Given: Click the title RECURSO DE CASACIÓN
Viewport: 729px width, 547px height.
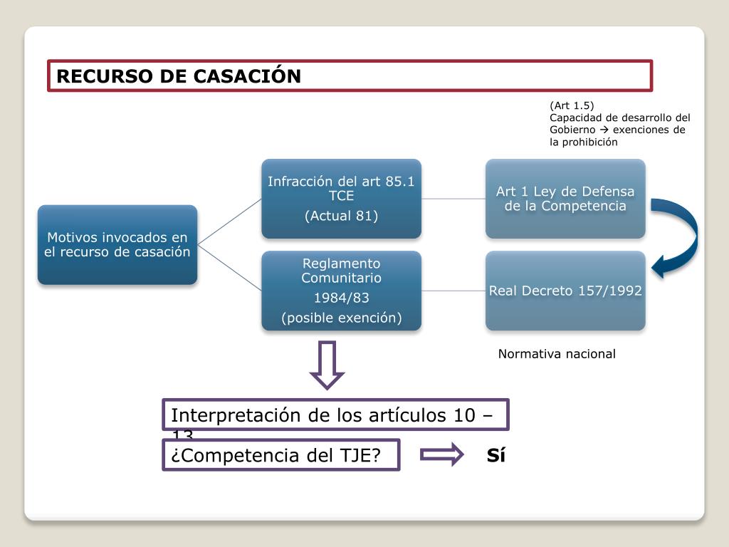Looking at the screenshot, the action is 179,76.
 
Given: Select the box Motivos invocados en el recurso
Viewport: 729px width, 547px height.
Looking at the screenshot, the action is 117,244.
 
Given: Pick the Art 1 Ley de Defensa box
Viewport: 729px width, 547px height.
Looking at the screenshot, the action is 565,199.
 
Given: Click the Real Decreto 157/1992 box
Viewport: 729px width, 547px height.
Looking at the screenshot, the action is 565,291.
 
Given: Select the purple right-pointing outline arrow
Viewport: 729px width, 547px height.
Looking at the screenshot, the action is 442,455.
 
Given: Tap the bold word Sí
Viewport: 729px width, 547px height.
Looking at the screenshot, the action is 496,456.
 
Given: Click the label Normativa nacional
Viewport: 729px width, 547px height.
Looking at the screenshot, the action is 557,354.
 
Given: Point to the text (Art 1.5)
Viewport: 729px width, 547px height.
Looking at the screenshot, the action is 571,106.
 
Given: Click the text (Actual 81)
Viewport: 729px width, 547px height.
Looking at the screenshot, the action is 341,216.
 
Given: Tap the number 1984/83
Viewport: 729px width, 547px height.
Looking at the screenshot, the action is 341,298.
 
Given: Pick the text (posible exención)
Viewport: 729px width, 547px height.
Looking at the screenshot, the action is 341,318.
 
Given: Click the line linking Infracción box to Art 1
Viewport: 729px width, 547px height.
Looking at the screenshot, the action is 453,199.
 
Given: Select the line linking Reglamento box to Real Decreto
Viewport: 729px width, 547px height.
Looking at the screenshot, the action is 453,291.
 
